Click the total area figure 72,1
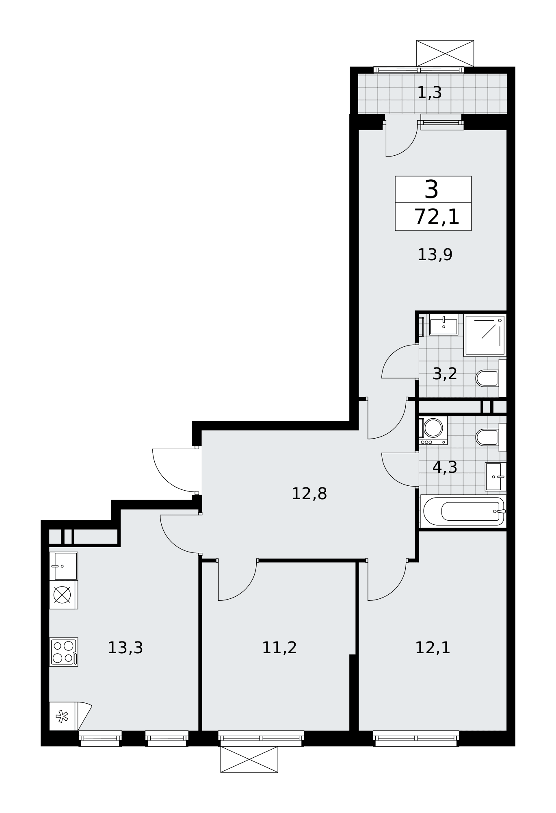(x=437, y=217)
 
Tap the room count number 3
(x=431, y=189)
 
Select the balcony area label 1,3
(x=429, y=93)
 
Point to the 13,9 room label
(x=435, y=255)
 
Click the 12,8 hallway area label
(x=309, y=493)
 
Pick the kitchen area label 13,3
(x=125, y=648)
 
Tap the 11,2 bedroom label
(x=279, y=648)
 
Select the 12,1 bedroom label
(x=433, y=648)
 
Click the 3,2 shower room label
(x=445, y=374)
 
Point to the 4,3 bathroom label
(x=445, y=467)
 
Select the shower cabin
(x=485, y=335)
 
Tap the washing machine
(x=433, y=430)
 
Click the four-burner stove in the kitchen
(x=63, y=652)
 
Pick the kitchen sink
(x=63, y=566)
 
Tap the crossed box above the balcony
(x=445, y=53)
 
